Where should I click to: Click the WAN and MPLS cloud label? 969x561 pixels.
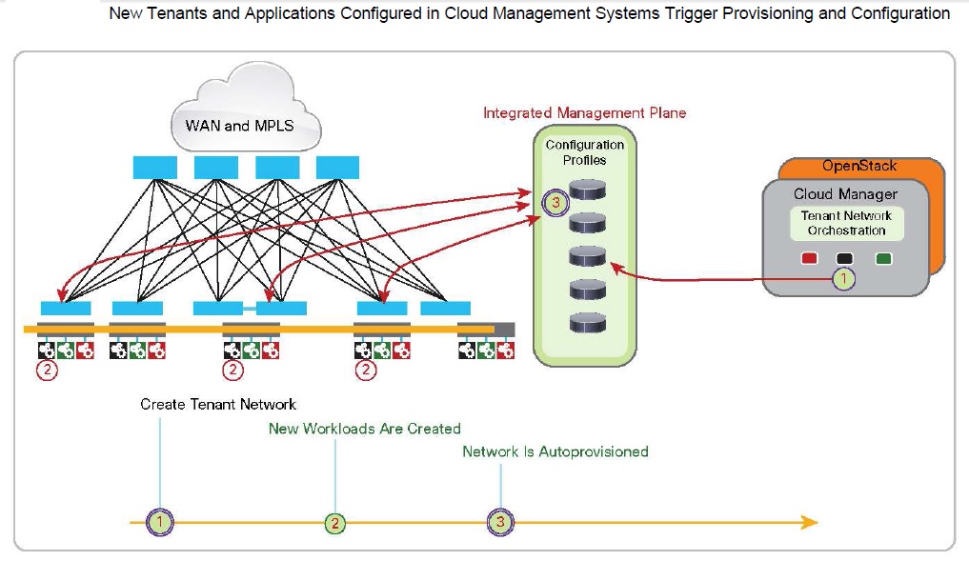point(246,125)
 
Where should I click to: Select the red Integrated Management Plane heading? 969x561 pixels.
point(584,112)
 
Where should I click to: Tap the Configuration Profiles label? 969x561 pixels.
point(585,152)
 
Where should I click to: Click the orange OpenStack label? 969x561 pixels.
point(859,166)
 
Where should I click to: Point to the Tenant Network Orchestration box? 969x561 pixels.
point(846,223)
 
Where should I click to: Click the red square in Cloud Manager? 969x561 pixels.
point(810,258)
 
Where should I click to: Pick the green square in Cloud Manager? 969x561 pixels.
point(883,258)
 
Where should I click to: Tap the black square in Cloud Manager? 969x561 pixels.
point(844,258)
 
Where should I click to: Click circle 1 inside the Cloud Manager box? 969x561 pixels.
point(843,279)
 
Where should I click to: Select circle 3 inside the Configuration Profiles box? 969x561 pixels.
point(557,202)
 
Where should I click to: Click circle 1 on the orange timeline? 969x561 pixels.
point(161,522)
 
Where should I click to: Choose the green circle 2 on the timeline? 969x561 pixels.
point(334,522)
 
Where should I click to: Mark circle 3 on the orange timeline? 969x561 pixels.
point(501,522)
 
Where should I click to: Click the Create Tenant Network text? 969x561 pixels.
point(218,404)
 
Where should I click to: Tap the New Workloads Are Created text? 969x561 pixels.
point(364,429)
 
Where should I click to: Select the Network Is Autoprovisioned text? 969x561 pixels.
point(555,451)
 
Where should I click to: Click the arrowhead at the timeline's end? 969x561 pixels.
point(809,522)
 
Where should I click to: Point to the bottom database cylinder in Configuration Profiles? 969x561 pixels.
point(587,323)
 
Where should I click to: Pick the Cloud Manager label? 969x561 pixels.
point(845,194)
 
